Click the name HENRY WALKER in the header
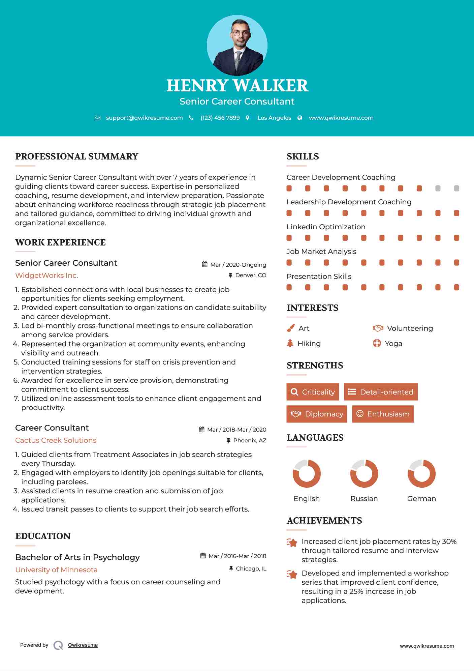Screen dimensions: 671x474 pos(237,86)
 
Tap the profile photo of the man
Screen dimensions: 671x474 pos(237,45)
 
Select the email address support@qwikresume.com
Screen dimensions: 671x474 pos(144,118)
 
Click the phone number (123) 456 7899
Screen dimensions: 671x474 pos(220,118)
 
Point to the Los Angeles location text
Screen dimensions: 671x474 pos(274,118)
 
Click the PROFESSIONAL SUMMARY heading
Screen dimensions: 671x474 pos(77,156)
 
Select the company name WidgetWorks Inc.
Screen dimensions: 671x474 pos(46,275)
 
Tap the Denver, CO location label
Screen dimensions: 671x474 pos(251,275)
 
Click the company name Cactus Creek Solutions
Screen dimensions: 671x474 pos(56,440)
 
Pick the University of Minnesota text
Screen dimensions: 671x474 pos(56,570)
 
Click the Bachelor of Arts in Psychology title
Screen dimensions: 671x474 pos(77,557)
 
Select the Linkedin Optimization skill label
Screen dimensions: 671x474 pos(326,227)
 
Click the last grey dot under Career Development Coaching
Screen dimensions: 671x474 pos(456,188)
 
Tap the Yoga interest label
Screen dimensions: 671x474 pos(393,344)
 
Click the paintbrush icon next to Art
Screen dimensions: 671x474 pos(290,328)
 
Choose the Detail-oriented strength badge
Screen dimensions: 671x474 pos(381,392)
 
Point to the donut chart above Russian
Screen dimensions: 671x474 pos(364,473)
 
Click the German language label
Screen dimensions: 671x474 pos(421,499)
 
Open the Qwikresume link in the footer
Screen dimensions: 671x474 pos(83,645)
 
